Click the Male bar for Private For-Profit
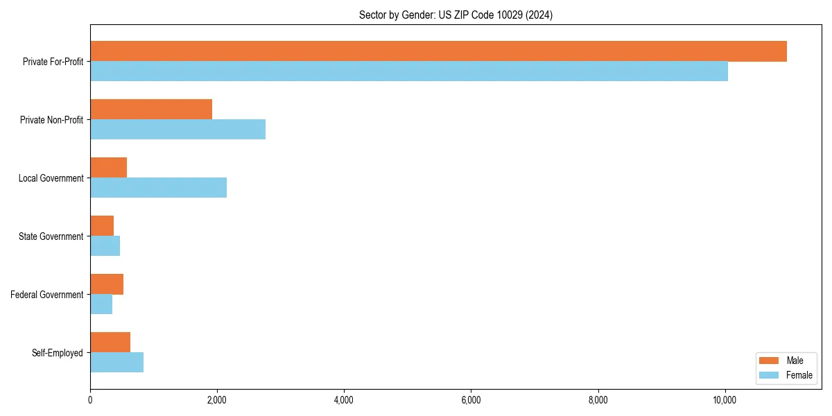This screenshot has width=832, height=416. (x=438, y=51)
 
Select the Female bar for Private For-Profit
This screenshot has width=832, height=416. (x=409, y=71)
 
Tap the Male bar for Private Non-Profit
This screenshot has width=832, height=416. (x=151, y=110)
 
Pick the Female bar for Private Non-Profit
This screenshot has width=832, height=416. (x=177, y=130)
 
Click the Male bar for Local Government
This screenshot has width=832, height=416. (x=109, y=168)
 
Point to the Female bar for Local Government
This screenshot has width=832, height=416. (x=158, y=188)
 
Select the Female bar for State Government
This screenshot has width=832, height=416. (x=105, y=246)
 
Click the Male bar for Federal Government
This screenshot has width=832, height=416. (x=107, y=284)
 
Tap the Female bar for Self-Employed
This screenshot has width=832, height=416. (x=116, y=363)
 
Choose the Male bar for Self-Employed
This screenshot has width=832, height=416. (x=110, y=343)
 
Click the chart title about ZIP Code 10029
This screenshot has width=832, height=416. (x=456, y=15)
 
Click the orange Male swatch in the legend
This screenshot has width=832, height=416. (x=770, y=361)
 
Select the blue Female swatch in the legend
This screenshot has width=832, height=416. (x=770, y=375)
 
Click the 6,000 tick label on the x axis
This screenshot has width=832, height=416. (x=471, y=400)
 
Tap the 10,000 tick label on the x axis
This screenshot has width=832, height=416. (x=725, y=400)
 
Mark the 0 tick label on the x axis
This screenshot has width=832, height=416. (x=90, y=400)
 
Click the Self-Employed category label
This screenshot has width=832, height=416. (x=58, y=353)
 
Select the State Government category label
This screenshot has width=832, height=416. (x=51, y=236)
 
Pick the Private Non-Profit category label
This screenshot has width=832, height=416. (x=51, y=120)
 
